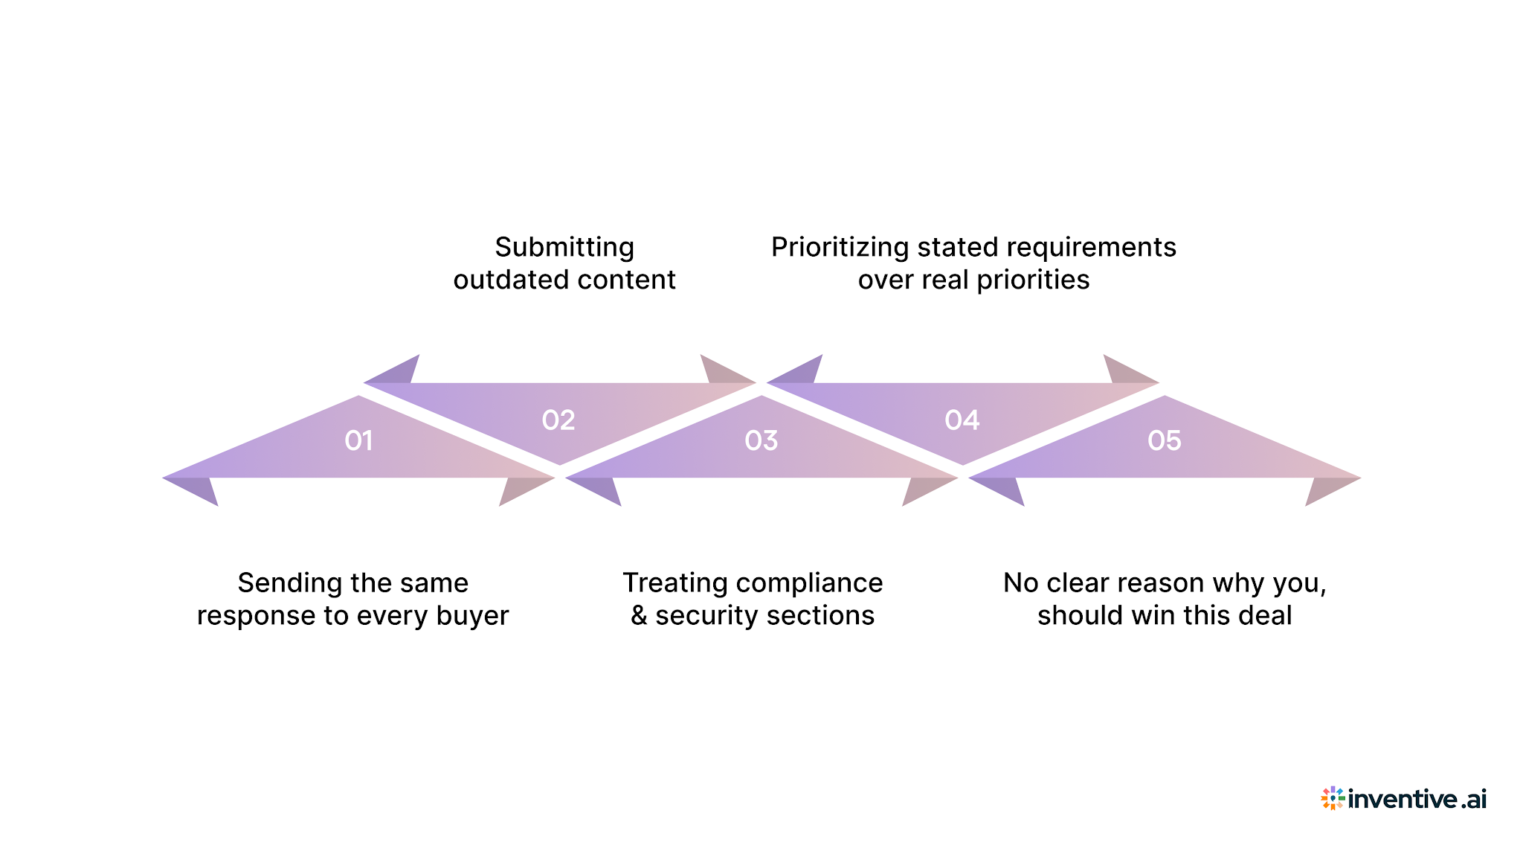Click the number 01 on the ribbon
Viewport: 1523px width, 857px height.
pos(358,441)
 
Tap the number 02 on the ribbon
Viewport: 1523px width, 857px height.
pos(558,421)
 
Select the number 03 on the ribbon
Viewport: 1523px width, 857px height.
pos(761,441)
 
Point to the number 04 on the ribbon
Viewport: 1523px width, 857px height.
pos(962,421)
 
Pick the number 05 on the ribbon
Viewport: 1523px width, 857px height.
pos(1164,441)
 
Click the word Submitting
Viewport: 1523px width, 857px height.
pos(564,247)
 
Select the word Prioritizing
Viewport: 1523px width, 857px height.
pos(840,247)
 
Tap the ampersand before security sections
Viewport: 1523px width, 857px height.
pos(639,616)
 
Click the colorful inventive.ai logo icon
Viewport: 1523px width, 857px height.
pos(1332,798)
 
